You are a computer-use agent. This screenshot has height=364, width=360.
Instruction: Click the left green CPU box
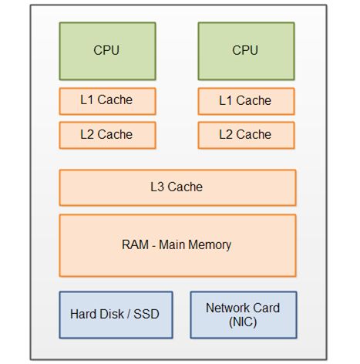pyautogui.click(x=107, y=51)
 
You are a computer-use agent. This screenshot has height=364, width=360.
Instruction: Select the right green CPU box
pyautogui.click(x=246, y=51)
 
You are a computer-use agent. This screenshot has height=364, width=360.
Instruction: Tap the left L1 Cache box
pyautogui.click(x=107, y=101)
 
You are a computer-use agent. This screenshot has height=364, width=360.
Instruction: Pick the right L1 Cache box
pyautogui.click(x=246, y=101)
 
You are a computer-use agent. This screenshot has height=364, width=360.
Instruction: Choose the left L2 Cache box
pyautogui.click(x=107, y=136)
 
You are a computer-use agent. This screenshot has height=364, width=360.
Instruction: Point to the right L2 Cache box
pyautogui.click(x=246, y=136)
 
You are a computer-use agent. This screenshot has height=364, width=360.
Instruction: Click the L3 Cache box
pyautogui.click(x=177, y=187)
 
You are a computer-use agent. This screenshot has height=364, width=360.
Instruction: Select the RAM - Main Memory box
pyautogui.click(x=177, y=245)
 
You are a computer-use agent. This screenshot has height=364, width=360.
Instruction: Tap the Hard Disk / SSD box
pyautogui.click(x=116, y=315)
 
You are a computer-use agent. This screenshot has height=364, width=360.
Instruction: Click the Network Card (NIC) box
pyautogui.click(x=244, y=315)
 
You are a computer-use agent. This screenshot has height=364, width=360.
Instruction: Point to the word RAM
pyautogui.click(x=135, y=244)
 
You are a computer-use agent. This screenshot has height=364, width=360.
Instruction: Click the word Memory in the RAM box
pyautogui.click(x=210, y=245)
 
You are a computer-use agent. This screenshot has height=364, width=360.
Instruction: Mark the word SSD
pyautogui.click(x=146, y=314)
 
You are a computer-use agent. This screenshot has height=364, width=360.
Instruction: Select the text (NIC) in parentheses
pyautogui.click(x=243, y=322)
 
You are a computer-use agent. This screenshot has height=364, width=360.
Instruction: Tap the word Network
pyautogui.click(x=224, y=308)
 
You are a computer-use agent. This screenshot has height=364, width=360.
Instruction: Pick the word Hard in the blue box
pyautogui.click(x=81, y=314)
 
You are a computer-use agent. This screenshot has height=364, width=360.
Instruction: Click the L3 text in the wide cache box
pyautogui.click(x=157, y=187)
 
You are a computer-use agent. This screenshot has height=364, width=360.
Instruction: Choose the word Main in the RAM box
pyautogui.click(x=172, y=244)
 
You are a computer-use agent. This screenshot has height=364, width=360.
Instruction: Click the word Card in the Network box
pyautogui.click(x=263, y=308)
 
